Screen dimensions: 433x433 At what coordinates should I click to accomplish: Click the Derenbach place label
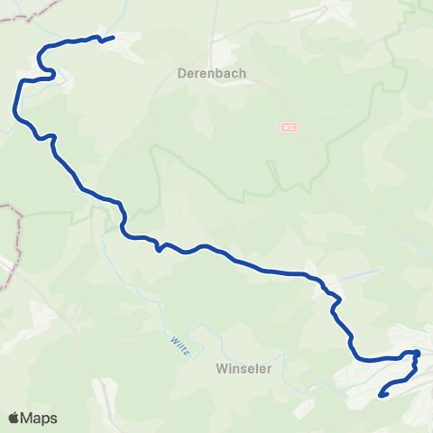click(212, 72)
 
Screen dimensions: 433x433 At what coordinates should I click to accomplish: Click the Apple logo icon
click(14, 417)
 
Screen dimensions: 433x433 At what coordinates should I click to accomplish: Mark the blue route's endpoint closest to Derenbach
click(112, 38)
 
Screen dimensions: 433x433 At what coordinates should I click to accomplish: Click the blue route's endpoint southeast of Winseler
click(382, 394)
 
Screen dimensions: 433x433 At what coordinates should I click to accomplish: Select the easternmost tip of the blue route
click(419, 354)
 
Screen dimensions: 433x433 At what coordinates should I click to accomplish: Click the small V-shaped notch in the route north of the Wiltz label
click(158, 249)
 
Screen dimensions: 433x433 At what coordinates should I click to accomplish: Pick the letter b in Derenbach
click(227, 72)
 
